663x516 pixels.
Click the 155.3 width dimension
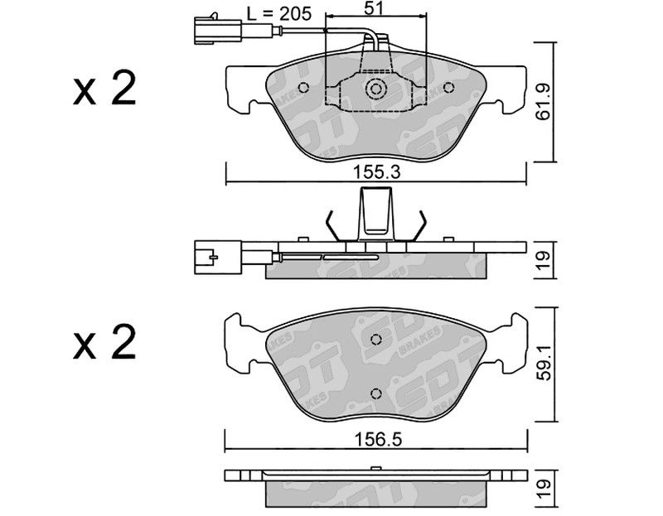[x=376, y=172]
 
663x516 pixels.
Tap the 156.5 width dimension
[x=378, y=440]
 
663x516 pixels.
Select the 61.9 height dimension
[x=543, y=102]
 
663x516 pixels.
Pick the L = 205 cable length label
[x=279, y=14]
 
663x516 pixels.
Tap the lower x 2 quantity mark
[x=104, y=342]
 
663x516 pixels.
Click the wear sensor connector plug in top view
[x=218, y=30]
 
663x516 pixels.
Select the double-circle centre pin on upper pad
[x=375, y=89]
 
